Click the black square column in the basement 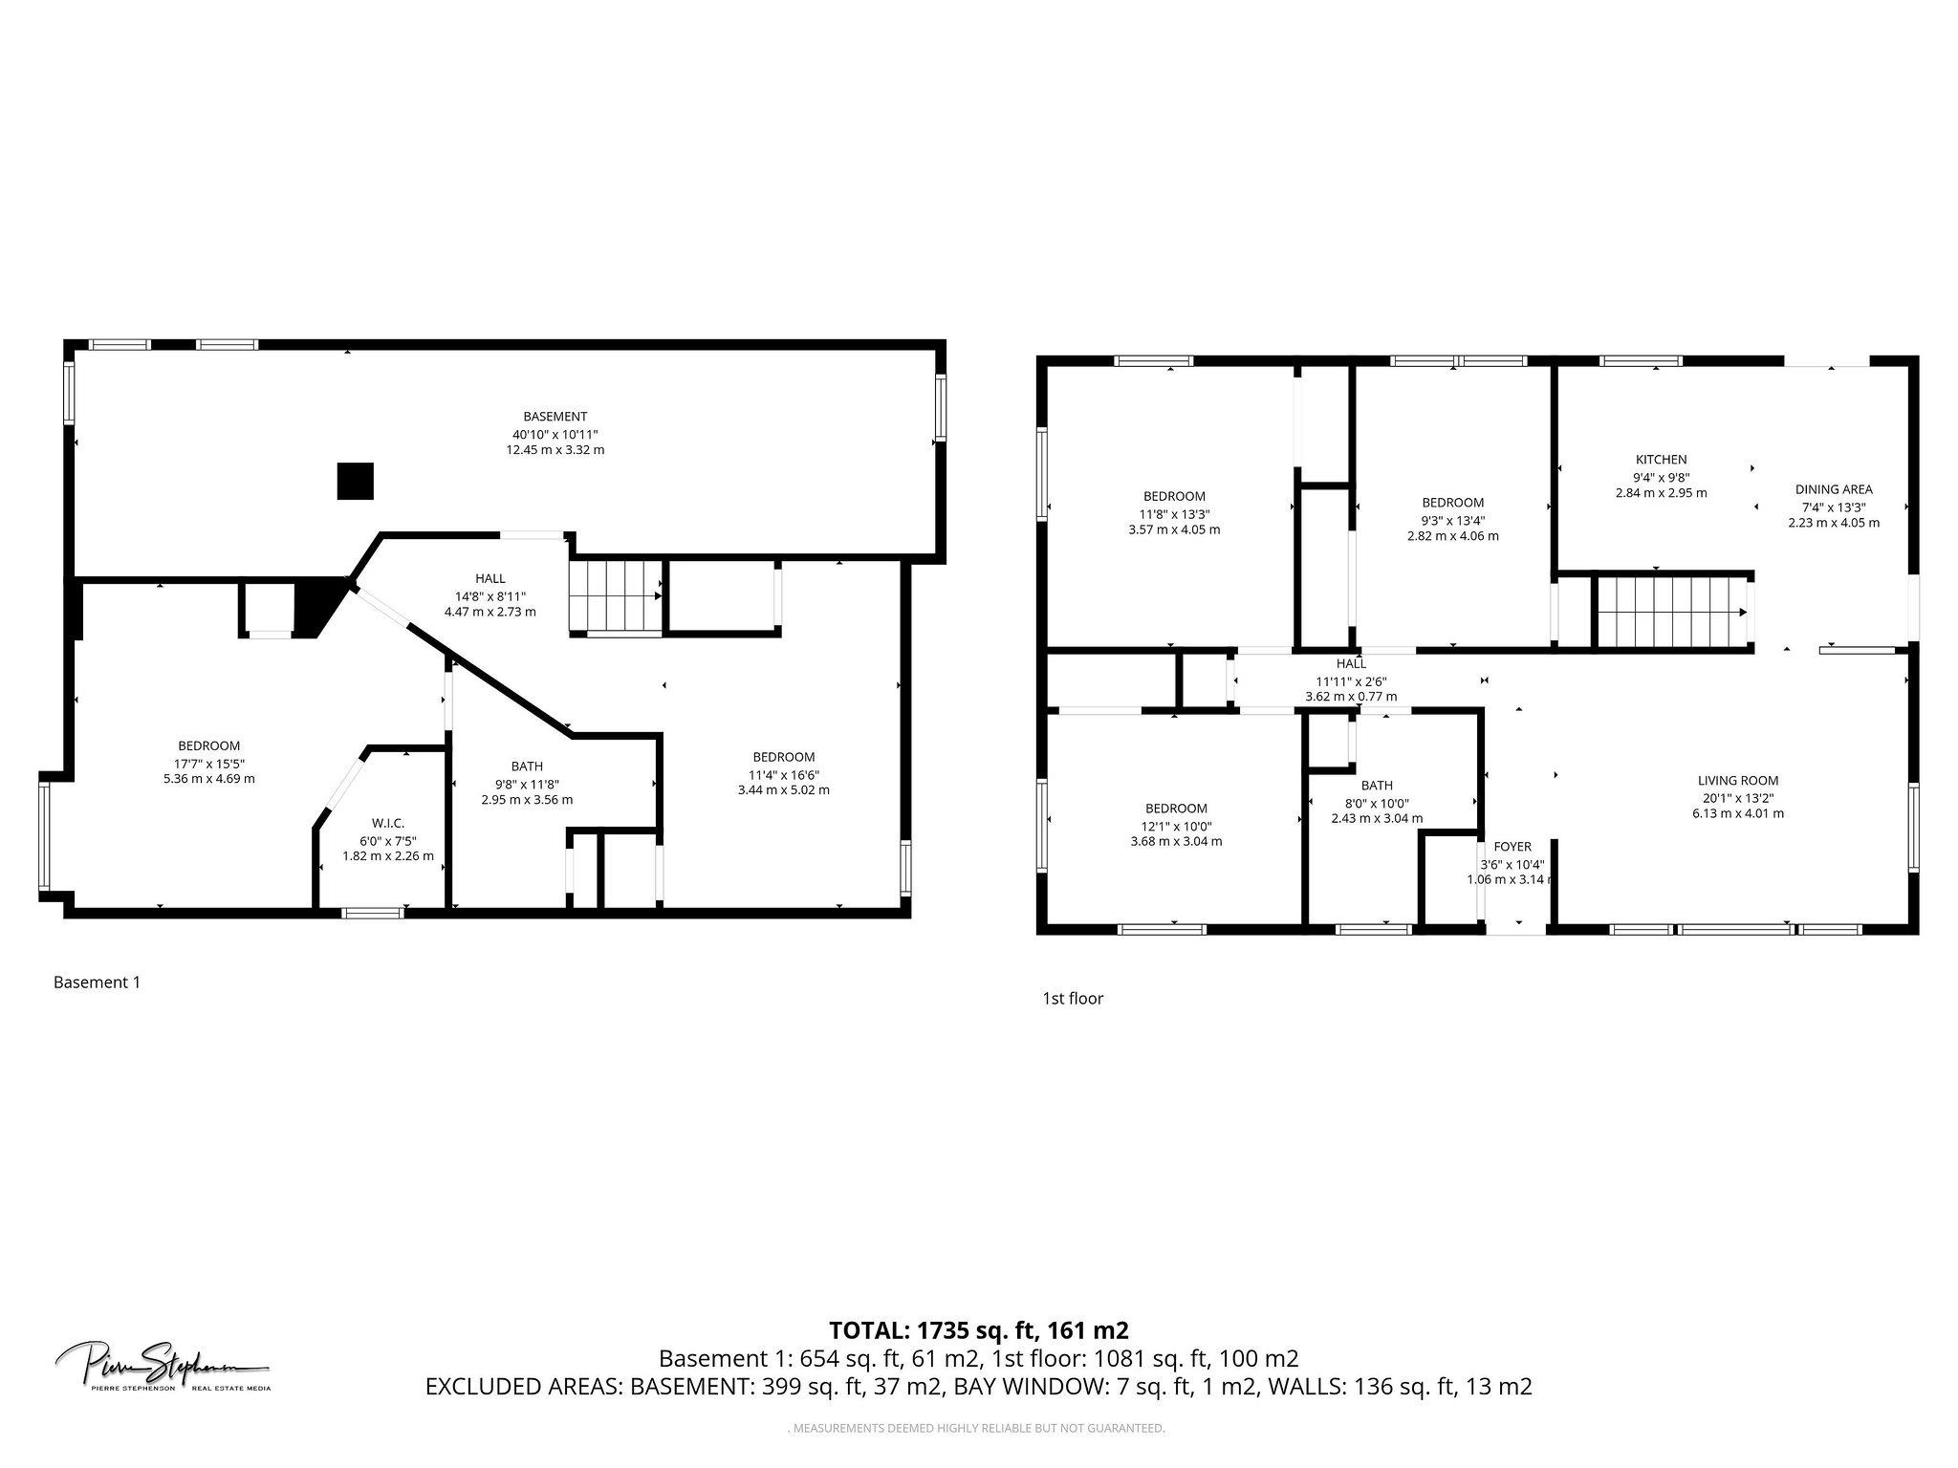[x=355, y=481]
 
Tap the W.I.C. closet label [x=388, y=823]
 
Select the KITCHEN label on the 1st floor [x=1661, y=460]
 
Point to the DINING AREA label [x=1833, y=489]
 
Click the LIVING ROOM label [x=1737, y=780]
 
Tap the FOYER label [x=1512, y=846]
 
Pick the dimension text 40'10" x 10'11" [x=555, y=433]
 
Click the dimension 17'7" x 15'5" [x=208, y=763]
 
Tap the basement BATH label [x=527, y=766]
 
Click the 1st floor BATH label [x=1377, y=786]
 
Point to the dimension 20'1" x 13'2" [x=1737, y=797]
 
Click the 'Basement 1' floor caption [x=97, y=982]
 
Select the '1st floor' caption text [x=1073, y=998]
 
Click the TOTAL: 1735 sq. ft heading [x=978, y=1329]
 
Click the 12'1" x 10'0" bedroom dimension [x=1175, y=825]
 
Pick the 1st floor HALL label [x=1351, y=663]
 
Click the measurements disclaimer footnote [x=978, y=1428]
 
